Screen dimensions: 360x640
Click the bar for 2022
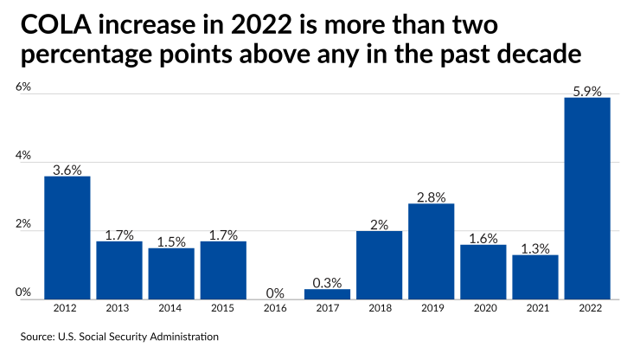pos(586,198)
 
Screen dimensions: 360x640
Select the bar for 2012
pos(67,238)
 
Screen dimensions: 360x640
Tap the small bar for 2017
pos(327,294)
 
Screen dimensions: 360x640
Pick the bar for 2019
pos(431,252)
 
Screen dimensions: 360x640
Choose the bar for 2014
pos(171,273)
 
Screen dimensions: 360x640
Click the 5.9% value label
pos(586,90)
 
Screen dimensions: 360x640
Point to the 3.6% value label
pos(67,170)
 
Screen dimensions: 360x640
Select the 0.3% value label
pos(327,282)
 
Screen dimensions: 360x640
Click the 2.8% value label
pos(431,196)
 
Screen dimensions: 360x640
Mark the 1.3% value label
pos(534,248)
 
